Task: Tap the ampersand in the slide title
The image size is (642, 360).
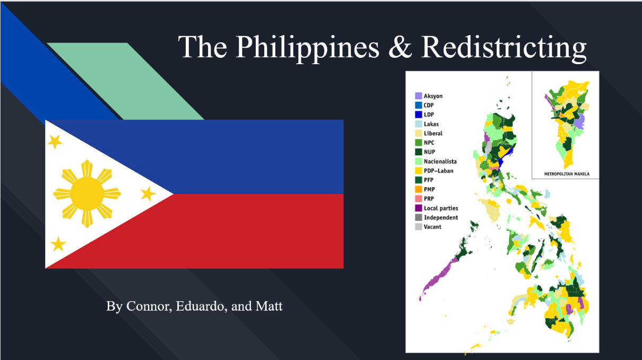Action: point(400,47)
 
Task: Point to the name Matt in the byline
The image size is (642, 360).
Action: point(269,306)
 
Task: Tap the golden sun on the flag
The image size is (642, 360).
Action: point(87,194)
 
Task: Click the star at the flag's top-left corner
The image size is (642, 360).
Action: point(55,142)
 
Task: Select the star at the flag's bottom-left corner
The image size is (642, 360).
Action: point(58,244)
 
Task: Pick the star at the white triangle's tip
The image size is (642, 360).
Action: point(148,194)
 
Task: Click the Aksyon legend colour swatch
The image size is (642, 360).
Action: point(419,95)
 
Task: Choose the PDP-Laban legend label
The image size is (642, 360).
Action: point(438,171)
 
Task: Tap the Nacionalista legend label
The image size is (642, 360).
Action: point(440,161)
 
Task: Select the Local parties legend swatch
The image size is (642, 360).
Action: point(419,208)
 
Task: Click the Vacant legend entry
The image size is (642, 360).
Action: point(428,226)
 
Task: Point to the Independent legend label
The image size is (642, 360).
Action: point(441,217)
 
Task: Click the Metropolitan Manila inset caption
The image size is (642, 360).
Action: point(567,174)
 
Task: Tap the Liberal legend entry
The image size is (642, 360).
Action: point(429,133)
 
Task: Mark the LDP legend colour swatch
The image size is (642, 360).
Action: point(419,115)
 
